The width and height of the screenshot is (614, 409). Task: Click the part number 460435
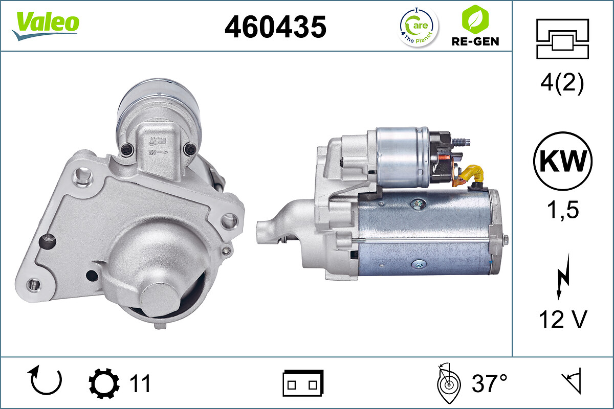275,26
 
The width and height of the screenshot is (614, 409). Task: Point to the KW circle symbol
563,162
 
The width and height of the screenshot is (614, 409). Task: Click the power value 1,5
563,210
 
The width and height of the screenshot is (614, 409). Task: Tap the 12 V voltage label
563,320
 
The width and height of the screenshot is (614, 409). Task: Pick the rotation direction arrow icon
46,381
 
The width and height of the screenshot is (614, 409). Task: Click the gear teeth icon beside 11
104,383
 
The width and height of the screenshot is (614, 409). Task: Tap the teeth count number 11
139,383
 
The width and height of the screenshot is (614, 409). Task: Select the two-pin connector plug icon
303,383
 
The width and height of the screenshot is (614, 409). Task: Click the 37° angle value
489,383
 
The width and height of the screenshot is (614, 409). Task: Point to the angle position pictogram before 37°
448,383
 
